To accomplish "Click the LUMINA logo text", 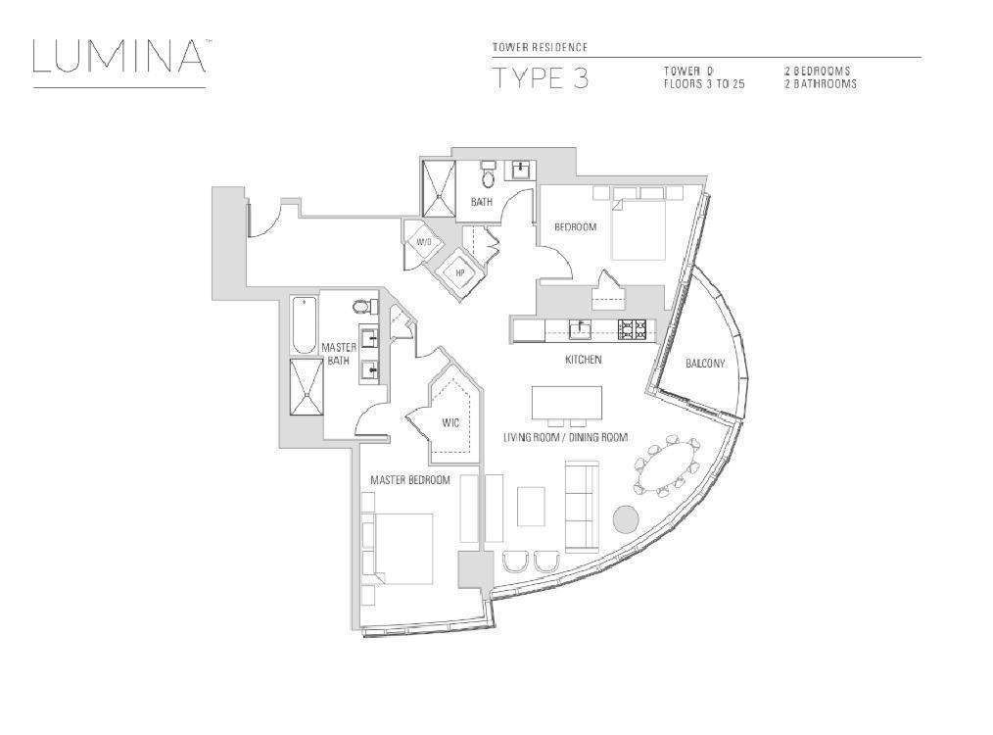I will pos(118,57).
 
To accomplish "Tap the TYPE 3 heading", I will pos(541,79).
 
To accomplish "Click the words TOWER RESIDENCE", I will pos(540,47).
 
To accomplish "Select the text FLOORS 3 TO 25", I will pos(704,84).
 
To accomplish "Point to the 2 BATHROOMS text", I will pos(821,84).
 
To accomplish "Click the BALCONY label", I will pos(705,364).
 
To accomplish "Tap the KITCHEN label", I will pos(583,360).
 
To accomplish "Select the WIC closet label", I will pos(450,423).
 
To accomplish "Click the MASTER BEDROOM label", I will pos(409,480).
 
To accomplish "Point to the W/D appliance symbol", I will pos(424,242).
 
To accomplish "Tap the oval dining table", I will pos(669,467).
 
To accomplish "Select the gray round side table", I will pos(626,518).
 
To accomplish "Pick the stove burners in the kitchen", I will pos(632,329).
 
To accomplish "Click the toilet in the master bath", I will pos(362,307).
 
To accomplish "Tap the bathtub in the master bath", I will pos(304,325).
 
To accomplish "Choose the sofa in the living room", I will pos(581,505).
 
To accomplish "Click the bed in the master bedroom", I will pos(402,549).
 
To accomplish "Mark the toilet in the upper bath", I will pos(488,178).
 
